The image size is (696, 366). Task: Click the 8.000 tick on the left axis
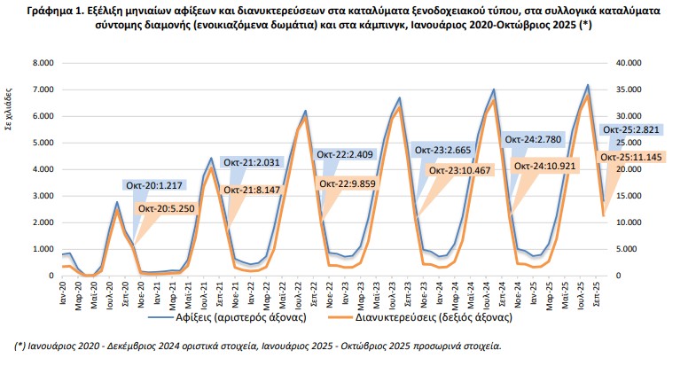43,63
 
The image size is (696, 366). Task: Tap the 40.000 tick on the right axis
630,63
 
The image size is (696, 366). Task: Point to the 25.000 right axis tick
630,143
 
